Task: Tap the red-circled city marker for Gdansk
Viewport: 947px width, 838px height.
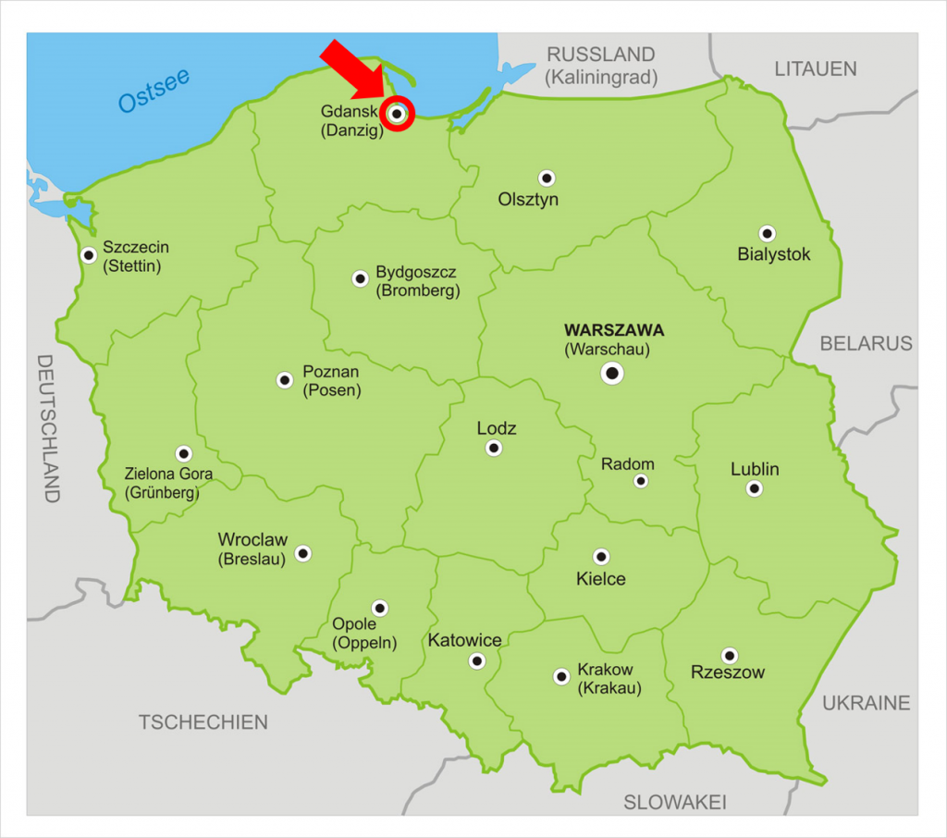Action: pos(397,114)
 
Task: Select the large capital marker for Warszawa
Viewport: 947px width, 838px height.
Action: pos(612,374)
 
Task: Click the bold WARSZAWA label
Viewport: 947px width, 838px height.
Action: pos(614,329)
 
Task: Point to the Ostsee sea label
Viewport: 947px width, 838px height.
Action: pos(154,91)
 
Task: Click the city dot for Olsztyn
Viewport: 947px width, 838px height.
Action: pos(547,178)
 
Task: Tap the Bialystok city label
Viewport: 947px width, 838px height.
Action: pos(773,253)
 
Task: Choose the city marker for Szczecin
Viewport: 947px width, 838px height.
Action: pos(89,255)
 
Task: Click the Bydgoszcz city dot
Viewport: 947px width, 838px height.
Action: pos(360,278)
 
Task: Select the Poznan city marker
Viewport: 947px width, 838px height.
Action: pos(285,380)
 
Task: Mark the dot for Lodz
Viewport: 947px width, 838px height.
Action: pos(494,449)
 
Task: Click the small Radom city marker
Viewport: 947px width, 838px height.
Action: pos(641,481)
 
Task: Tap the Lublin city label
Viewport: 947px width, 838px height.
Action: pos(755,469)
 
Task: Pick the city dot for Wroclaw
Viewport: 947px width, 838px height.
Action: pos(302,553)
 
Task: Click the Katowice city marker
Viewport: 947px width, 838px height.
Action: pos(476,660)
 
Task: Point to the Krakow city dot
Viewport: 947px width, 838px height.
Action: pos(560,676)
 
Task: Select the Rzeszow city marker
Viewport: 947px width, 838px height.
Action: pos(730,656)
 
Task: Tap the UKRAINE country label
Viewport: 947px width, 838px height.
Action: pos(866,703)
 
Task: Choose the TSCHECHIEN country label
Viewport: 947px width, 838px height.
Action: pos(203,722)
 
